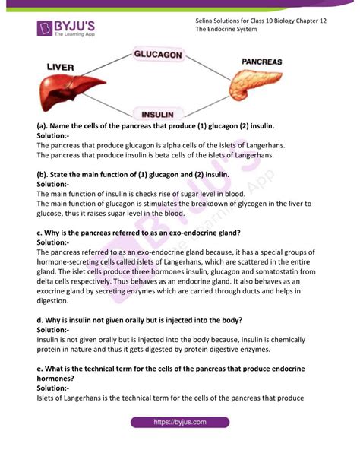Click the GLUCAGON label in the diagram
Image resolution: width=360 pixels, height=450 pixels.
pyautogui.click(x=158, y=55)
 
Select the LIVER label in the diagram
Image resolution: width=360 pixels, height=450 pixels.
pyautogui.click(x=60, y=68)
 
